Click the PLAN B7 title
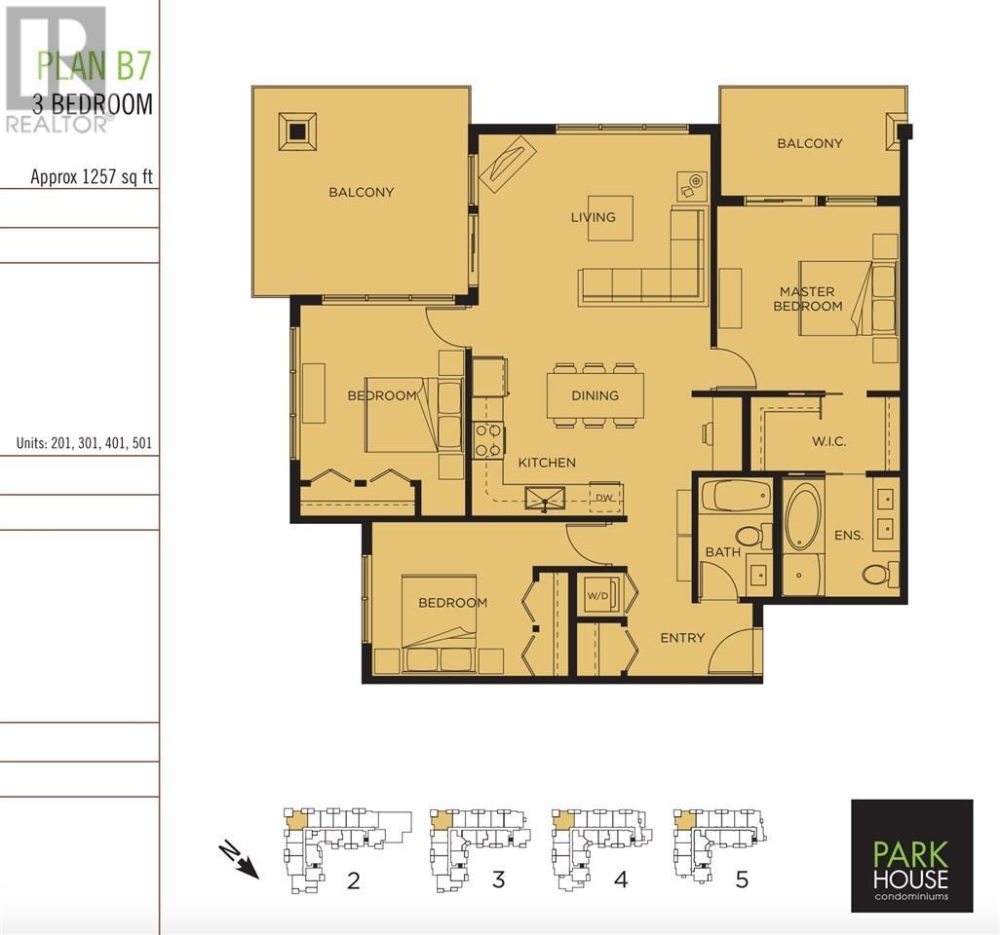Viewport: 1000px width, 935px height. coord(94,65)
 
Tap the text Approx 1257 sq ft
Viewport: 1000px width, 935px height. coord(92,176)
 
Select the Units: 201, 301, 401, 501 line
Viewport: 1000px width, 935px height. coord(84,443)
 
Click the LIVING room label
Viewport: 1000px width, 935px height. coord(594,217)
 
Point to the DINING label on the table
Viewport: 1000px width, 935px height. coord(595,395)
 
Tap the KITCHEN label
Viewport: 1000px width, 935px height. coord(547,463)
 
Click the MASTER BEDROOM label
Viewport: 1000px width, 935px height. coord(807,299)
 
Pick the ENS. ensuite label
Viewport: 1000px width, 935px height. coord(849,536)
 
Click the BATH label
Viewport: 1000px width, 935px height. coord(722,552)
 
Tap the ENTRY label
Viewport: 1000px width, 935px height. coord(682,638)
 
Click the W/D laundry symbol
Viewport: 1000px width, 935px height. coord(598,595)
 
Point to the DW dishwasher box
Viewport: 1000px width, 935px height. coord(604,497)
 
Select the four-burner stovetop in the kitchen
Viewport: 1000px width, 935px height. coord(488,441)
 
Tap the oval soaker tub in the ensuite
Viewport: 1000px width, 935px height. coord(803,516)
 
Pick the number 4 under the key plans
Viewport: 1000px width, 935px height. coord(621,879)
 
